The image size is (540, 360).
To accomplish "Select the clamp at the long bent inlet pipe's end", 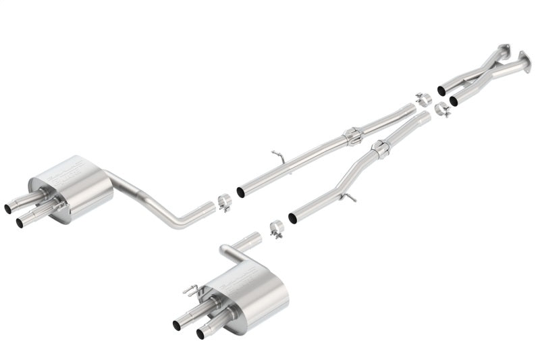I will tap(225, 202).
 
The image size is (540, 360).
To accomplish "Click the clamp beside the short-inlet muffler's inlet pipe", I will tap(276, 229).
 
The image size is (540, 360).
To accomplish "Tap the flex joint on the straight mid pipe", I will tap(353, 136).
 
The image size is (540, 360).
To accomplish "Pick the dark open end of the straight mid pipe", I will tap(240, 192).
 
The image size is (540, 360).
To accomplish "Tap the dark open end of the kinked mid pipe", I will tap(292, 219).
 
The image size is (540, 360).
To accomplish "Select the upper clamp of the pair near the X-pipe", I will tap(423, 99).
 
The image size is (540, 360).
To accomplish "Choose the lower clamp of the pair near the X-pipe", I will tap(442, 109).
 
